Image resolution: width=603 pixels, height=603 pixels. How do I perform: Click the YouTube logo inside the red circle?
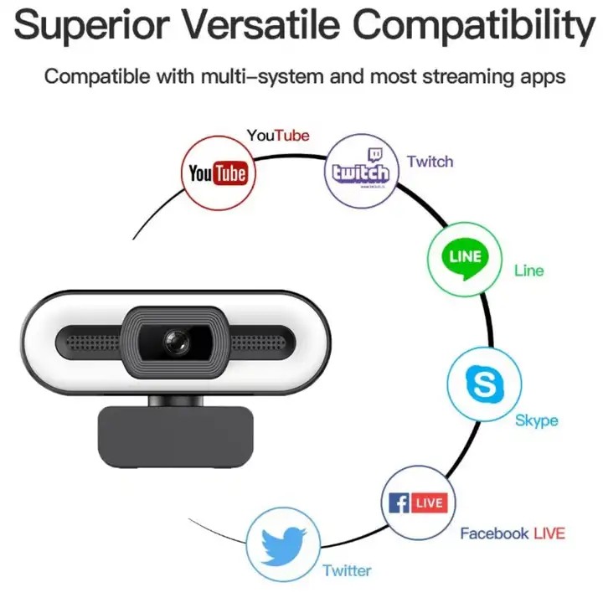coord(218,173)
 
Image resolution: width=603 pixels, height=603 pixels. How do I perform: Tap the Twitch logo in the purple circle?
coord(361,169)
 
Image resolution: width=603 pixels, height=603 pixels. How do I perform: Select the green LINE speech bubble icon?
coord(465,259)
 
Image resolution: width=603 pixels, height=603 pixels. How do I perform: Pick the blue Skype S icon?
coord(485,384)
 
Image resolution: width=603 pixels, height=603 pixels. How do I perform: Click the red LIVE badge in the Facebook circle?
coord(430,502)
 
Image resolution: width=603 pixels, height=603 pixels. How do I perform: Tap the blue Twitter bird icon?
coord(283,546)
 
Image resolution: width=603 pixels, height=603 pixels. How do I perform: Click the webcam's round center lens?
coord(177,342)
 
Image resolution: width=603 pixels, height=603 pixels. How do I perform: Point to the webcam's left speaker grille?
coord(93,343)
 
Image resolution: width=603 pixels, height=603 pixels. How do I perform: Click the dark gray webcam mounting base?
coord(176,436)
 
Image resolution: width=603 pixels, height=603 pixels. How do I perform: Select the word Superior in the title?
coord(91,25)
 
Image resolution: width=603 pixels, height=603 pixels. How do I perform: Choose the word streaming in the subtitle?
coord(468,77)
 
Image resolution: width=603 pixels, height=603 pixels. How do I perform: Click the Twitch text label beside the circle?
coord(430,162)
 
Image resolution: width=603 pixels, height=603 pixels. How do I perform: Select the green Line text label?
coord(529,271)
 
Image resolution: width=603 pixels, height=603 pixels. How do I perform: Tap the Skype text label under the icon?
coord(537,420)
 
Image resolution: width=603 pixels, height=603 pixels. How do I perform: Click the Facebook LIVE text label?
coord(513,533)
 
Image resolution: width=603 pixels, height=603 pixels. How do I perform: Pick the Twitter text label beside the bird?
coord(347,570)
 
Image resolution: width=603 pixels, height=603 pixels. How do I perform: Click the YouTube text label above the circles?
coord(278,136)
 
